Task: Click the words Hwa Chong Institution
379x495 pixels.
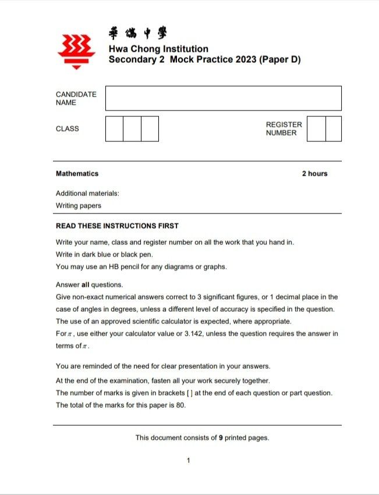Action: [158, 49]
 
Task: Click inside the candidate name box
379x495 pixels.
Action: [223, 98]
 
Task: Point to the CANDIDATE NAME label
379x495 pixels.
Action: [76, 98]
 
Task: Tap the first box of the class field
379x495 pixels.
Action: [114, 129]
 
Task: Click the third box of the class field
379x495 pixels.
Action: [150, 129]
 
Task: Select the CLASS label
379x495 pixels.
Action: [67, 129]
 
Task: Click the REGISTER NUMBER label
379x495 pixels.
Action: [284, 129]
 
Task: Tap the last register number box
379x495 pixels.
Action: [334, 129]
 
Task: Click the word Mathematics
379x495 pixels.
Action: [77, 173]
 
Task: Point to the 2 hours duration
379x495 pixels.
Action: [314, 173]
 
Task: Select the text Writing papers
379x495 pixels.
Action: [78, 205]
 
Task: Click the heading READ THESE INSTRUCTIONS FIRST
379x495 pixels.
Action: [117, 226]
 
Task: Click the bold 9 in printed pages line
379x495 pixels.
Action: [221, 437]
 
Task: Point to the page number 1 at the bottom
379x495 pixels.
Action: [189, 461]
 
